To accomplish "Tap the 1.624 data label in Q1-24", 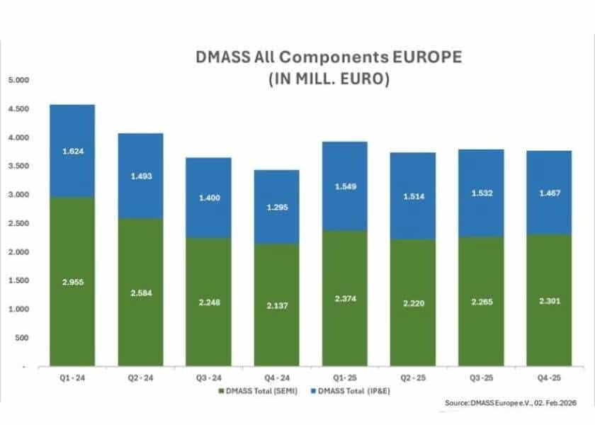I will pyautogui.click(x=72, y=151).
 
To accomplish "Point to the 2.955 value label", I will pyautogui.click(x=72, y=282).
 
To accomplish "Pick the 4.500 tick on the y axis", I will pyautogui.click(x=18, y=109).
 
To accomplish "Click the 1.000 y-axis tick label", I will pyautogui.click(x=18, y=310).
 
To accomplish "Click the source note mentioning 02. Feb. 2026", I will pyautogui.click(x=515, y=402).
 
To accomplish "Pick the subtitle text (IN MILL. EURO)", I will pyautogui.click(x=329, y=79).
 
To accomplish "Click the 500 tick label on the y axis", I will pyautogui.click(x=22, y=338).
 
